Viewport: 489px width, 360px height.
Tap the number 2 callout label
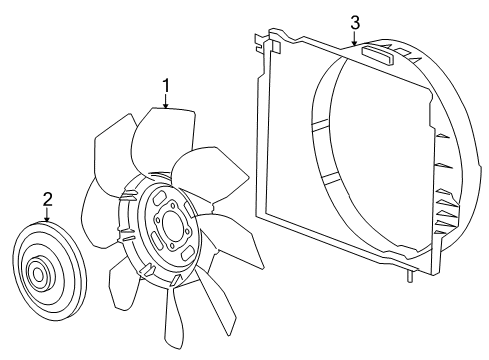point(47,200)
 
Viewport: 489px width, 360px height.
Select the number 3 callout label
point(354,21)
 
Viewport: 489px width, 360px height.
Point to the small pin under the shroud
point(409,277)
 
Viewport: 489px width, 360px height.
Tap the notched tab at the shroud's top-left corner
point(263,41)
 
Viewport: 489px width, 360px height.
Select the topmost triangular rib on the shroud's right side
point(441,134)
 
